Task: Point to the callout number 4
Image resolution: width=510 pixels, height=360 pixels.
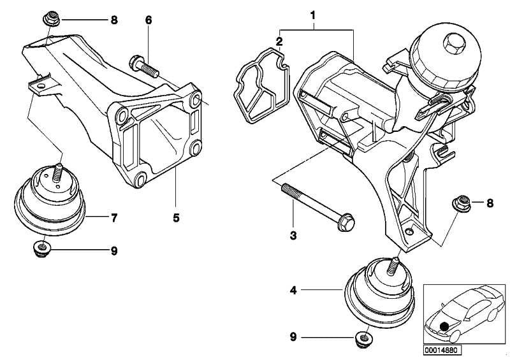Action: pyautogui.click(x=293, y=291)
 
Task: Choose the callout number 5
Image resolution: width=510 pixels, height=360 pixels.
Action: pyautogui.click(x=175, y=218)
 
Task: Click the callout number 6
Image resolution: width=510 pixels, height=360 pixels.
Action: pyautogui.click(x=149, y=20)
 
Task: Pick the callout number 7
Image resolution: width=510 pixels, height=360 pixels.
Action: pyautogui.click(x=113, y=218)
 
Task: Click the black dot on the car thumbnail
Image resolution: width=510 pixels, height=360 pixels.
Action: pyautogui.click(x=444, y=326)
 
